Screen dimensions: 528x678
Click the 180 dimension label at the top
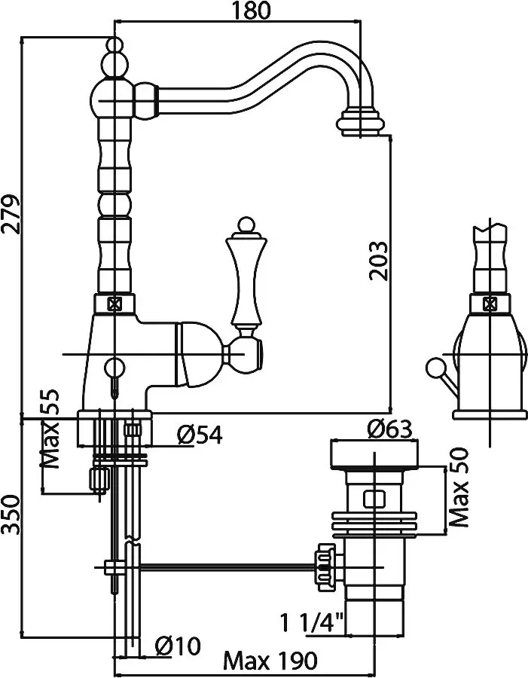point(252,10)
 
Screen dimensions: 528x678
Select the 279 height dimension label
point(11,215)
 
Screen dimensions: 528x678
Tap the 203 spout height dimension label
point(379,261)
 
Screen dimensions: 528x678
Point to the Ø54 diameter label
point(200,435)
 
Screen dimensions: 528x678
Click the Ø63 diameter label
point(389,429)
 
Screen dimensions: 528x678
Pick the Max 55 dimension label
point(49,429)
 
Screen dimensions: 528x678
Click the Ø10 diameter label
point(178,646)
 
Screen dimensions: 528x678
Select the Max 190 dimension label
point(270,661)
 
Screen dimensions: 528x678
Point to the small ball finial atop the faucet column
point(115,45)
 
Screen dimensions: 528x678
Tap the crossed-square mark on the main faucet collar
point(114,304)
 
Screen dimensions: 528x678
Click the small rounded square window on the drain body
point(374,499)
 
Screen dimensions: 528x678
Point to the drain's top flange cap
point(374,454)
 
